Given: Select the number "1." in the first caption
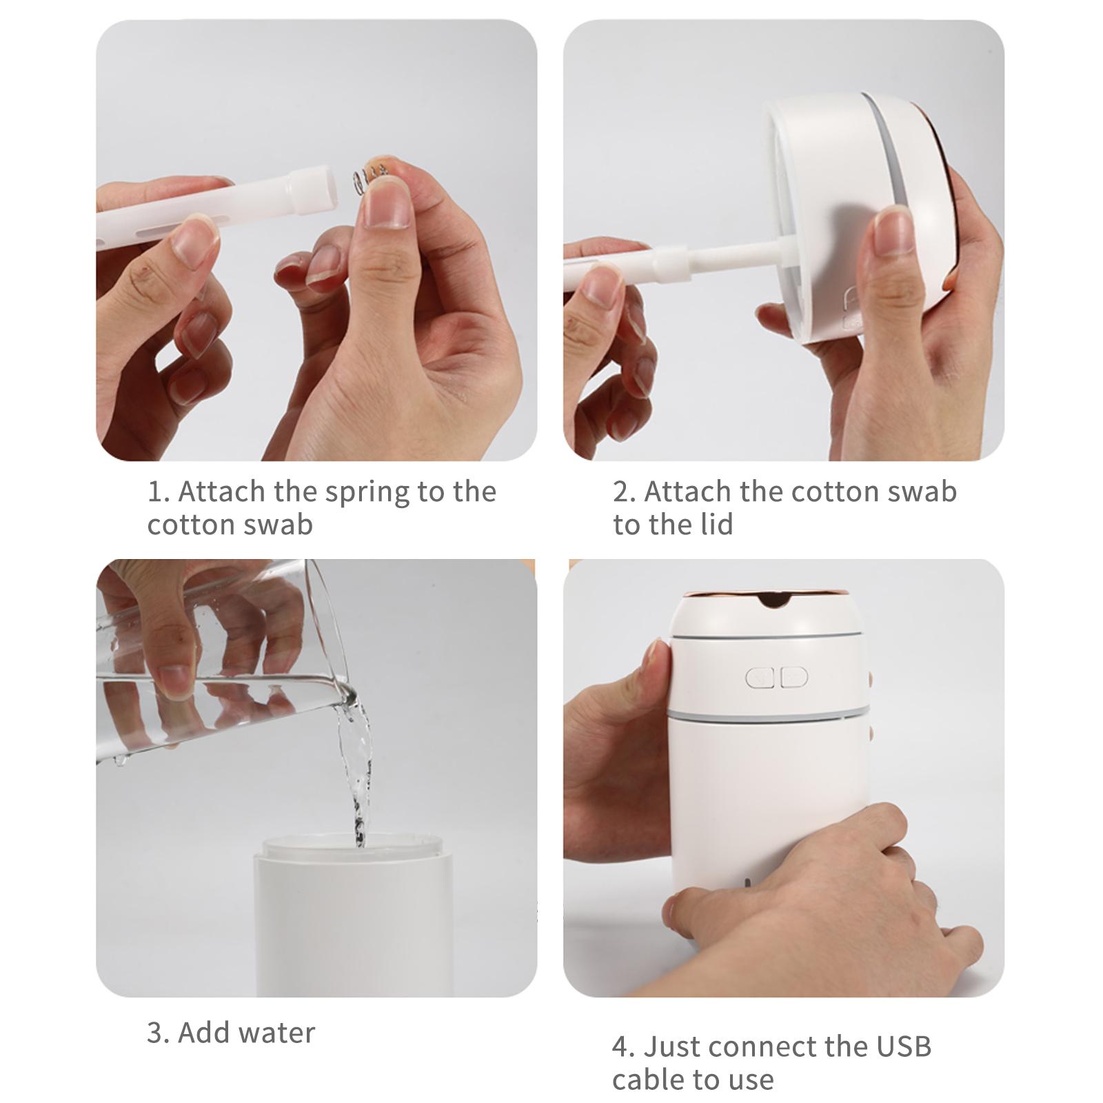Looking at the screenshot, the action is pyautogui.click(x=158, y=492).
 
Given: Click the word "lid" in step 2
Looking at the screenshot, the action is pyautogui.click(x=717, y=525).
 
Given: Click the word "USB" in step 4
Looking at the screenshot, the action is pyautogui.click(x=904, y=1046).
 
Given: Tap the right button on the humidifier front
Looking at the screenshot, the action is pyautogui.click(x=793, y=678).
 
